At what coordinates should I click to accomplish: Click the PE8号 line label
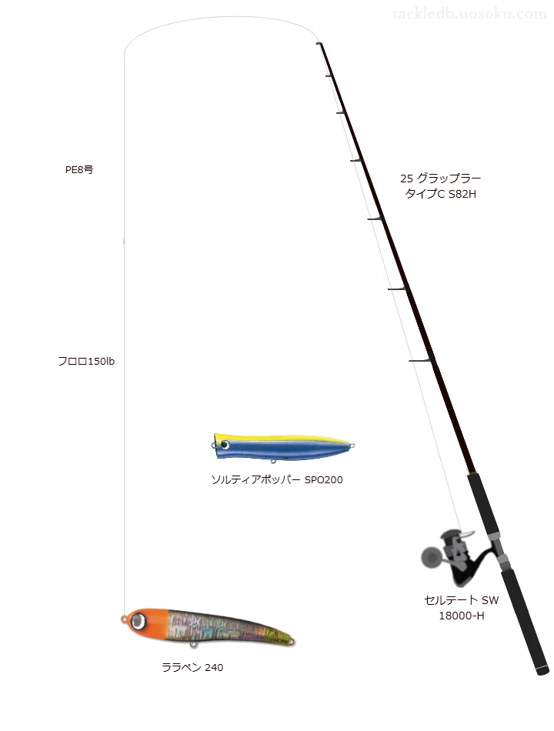click(x=79, y=170)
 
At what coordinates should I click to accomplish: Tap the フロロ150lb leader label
click(x=86, y=362)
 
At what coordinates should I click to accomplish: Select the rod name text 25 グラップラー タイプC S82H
click(x=441, y=186)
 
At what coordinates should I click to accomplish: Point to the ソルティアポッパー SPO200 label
click(x=277, y=479)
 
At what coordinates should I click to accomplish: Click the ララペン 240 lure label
click(x=192, y=668)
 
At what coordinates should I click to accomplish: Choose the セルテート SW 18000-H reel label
click(x=462, y=608)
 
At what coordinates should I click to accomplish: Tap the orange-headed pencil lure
click(x=208, y=627)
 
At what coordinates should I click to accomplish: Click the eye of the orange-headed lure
click(x=138, y=621)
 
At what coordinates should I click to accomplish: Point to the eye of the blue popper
click(x=225, y=446)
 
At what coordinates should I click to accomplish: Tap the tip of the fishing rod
click(x=319, y=43)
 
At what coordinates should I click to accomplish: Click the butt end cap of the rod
click(x=542, y=671)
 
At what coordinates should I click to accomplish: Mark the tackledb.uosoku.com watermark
click(x=469, y=14)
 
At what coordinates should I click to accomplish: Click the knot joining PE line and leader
click(x=124, y=241)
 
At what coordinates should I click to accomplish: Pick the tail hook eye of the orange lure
click(x=292, y=642)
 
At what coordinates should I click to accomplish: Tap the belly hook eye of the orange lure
click(x=193, y=644)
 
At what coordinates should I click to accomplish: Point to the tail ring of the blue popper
click(x=352, y=446)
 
